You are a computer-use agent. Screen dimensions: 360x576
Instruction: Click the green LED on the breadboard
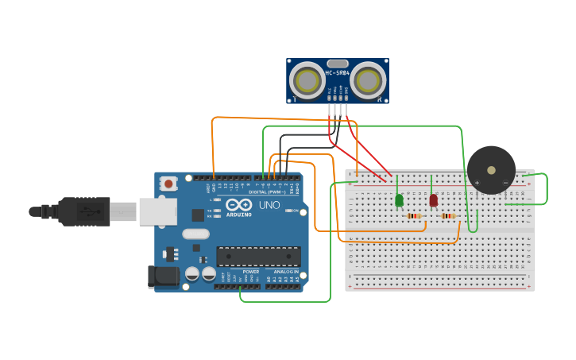(x=399, y=200)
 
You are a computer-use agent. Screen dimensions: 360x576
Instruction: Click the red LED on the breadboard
(x=433, y=200)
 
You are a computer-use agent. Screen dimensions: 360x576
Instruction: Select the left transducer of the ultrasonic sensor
(x=306, y=79)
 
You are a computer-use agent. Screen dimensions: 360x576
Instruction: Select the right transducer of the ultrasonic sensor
(x=368, y=79)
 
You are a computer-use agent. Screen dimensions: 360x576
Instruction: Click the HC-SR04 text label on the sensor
(x=337, y=73)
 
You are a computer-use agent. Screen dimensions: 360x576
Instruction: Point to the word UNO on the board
(x=269, y=205)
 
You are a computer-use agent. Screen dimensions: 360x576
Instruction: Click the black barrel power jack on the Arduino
(x=163, y=276)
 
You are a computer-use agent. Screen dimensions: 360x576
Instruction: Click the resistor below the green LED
(x=413, y=216)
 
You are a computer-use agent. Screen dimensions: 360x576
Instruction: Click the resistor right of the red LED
(x=448, y=216)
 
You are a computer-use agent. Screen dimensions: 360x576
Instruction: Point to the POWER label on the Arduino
(x=251, y=272)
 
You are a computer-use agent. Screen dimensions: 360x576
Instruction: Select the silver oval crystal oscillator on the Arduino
(x=195, y=234)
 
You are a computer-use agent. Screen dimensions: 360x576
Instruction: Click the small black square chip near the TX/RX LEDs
(x=198, y=215)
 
